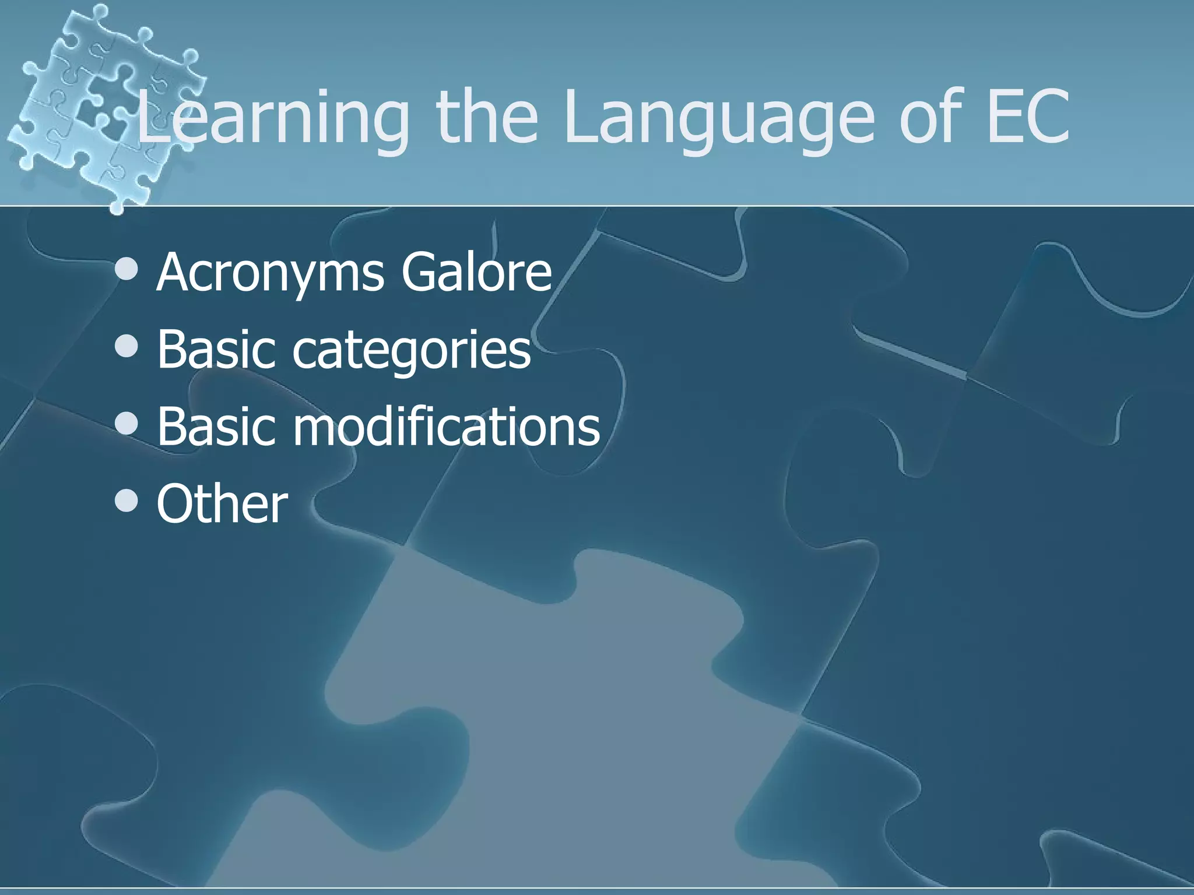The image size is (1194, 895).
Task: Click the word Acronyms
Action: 270,272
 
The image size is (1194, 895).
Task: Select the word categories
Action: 411,350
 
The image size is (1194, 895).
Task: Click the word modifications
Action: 446,426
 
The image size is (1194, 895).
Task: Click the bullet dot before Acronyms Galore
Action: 127,269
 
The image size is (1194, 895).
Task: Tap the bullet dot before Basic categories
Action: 127,347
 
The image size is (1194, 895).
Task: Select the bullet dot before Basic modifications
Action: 127,424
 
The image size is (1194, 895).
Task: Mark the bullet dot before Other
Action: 127,501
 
